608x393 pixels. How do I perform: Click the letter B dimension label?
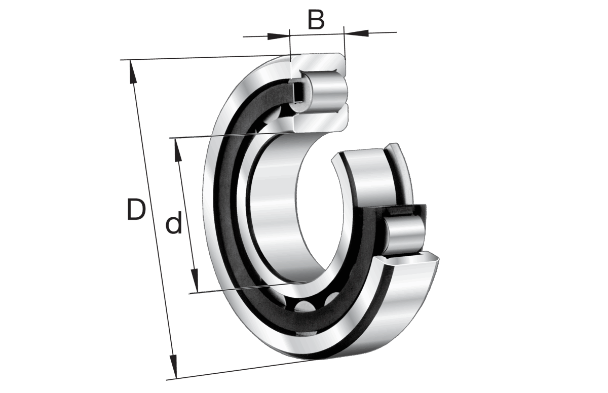316,20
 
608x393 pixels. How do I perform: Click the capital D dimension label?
136,209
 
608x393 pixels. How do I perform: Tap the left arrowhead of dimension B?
278,36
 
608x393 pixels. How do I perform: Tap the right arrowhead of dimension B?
356,33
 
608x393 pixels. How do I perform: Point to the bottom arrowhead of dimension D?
173,367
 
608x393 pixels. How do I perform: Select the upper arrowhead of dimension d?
178,150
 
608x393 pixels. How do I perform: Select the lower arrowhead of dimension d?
195,281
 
